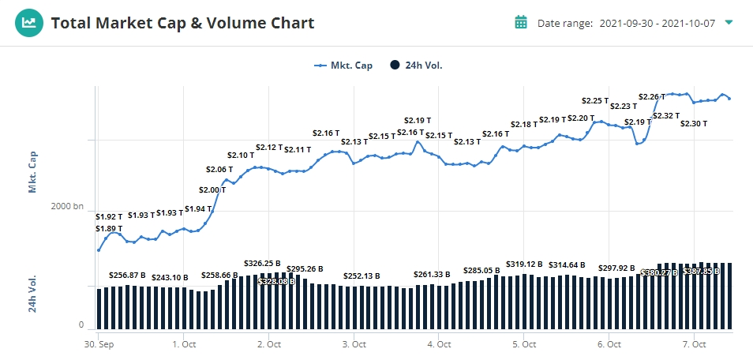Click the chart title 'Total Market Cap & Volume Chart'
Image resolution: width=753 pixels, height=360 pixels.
point(182,23)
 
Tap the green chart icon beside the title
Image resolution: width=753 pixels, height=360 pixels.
point(28,23)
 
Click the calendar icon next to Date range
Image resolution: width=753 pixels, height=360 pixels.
point(521,23)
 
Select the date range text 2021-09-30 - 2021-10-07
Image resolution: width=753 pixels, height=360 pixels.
point(657,23)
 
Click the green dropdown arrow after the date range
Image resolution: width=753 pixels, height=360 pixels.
point(729,22)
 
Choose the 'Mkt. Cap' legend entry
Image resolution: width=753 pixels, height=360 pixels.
point(344,66)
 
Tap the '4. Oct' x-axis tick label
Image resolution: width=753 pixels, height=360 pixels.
point(438,344)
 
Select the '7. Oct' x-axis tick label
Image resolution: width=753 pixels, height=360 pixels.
point(693,344)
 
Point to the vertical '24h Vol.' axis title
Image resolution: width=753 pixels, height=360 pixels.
point(33,294)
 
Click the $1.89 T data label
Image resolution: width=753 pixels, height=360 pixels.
point(109,229)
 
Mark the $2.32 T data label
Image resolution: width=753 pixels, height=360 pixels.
point(666,116)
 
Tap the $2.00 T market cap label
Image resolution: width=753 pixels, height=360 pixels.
point(212,189)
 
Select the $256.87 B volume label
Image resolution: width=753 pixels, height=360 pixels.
point(127,275)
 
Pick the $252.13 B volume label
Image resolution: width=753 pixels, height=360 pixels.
point(362,276)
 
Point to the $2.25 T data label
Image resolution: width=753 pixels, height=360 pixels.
point(595,100)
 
